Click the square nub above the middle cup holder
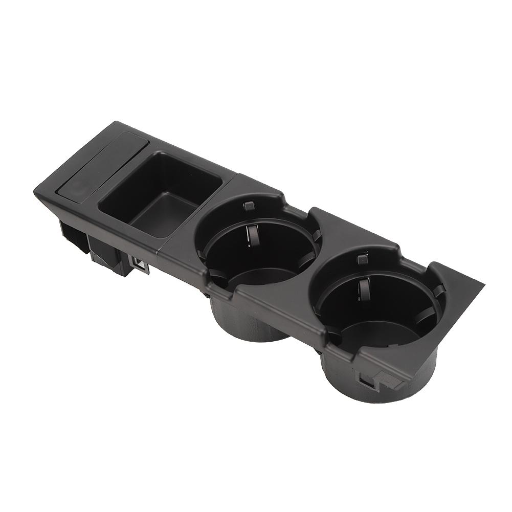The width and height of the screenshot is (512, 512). pyautogui.click(x=249, y=206)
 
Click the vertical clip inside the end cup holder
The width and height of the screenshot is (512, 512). pyautogui.click(x=363, y=289)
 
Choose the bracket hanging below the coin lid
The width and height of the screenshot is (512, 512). pyautogui.click(x=72, y=235)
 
